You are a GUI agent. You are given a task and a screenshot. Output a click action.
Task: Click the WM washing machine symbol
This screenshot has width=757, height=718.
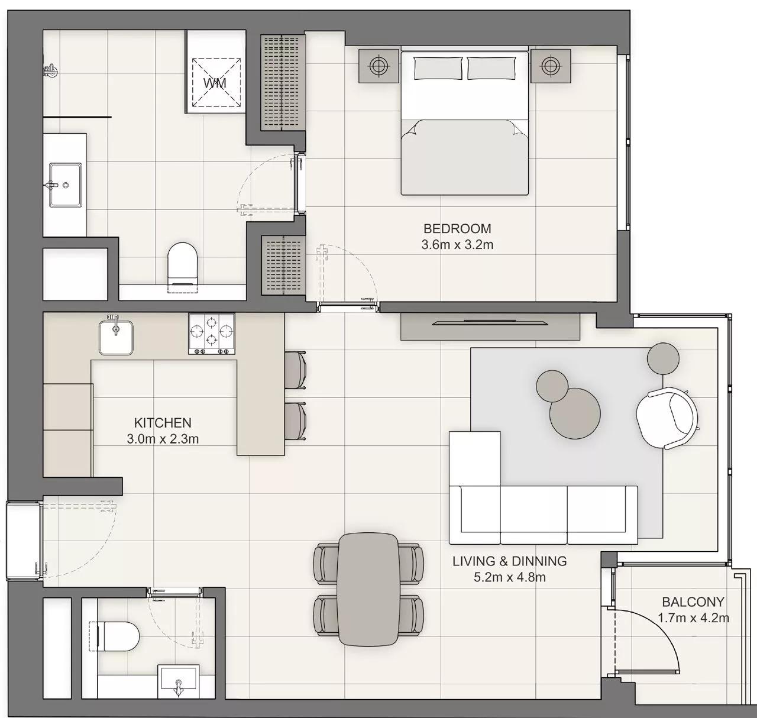coord(215,82)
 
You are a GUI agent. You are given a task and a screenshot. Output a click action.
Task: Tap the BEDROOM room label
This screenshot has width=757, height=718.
coord(457,228)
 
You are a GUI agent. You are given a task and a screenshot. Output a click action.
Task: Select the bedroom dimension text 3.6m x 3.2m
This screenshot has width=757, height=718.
coord(457,244)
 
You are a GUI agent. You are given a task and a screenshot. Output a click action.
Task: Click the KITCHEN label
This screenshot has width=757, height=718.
coord(163,423)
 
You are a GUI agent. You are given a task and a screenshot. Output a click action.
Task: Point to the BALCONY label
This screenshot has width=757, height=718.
coord(693,602)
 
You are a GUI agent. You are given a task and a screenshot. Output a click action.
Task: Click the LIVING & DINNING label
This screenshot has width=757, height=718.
coord(509,561)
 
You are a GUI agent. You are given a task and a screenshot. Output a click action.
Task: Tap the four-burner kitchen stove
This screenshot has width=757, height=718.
coord(211,334)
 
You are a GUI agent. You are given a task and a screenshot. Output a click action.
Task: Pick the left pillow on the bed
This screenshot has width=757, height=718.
coord(438,68)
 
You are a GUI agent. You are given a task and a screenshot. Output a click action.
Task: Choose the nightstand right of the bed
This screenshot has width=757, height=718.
coord(551,65)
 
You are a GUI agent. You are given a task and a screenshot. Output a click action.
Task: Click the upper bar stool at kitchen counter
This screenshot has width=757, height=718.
coord(296,371)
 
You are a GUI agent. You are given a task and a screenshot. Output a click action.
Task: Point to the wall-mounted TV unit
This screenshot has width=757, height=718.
coord(490,326)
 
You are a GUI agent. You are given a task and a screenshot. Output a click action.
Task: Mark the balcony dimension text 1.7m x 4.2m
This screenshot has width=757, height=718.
coord(693,618)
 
